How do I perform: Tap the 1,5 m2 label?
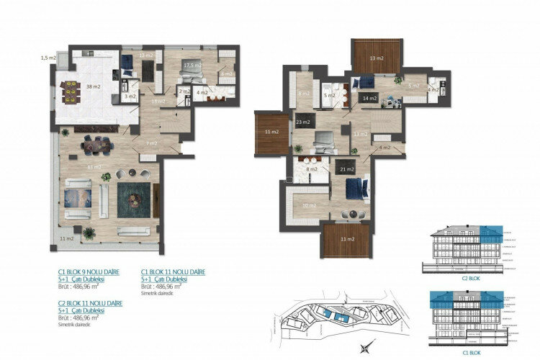click(x=48, y=57)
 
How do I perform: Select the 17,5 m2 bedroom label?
click(x=192, y=66)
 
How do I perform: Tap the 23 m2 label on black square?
click(x=302, y=122)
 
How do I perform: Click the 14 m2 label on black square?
click(x=369, y=97)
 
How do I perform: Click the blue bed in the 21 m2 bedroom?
click(x=357, y=189)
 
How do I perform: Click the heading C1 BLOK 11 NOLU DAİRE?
click(x=173, y=272)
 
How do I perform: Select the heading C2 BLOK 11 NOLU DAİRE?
click(x=90, y=303)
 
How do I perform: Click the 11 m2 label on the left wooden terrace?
click(x=271, y=133)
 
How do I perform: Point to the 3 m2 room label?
click(x=130, y=95)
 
